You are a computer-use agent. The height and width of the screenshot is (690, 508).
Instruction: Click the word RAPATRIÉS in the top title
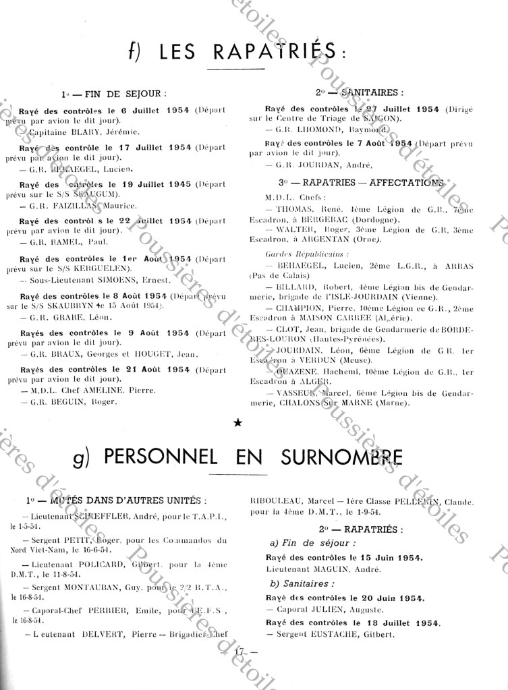270,51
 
